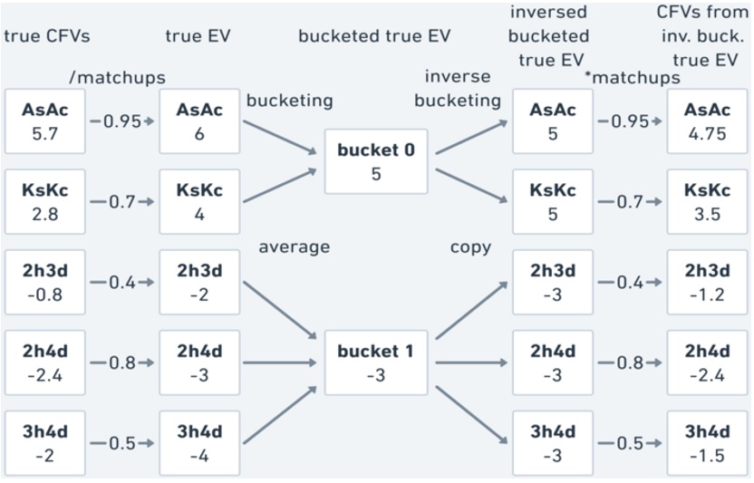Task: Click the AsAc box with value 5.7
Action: click(45, 121)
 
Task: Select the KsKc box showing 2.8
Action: click(45, 201)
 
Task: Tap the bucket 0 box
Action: click(376, 161)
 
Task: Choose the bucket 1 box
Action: click(376, 362)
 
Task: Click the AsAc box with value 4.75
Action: click(707, 121)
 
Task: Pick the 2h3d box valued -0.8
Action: click(45, 282)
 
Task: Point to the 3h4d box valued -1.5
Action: click(707, 443)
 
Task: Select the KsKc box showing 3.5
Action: click(707, 201)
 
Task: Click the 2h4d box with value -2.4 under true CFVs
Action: click(45, 362)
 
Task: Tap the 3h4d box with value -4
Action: click(199, 443)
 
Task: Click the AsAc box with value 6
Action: click(199, 121)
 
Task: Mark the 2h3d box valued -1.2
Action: click(707, 282)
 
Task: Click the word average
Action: click(294, 247)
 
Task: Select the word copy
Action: click(470, 247)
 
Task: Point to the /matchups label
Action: click(118, 78)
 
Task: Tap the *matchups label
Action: click(633, 78)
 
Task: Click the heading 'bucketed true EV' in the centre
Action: click(374, 36)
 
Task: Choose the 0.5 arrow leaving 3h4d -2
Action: click(122, 444)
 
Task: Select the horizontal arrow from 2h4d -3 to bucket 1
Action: click(282, 362)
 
